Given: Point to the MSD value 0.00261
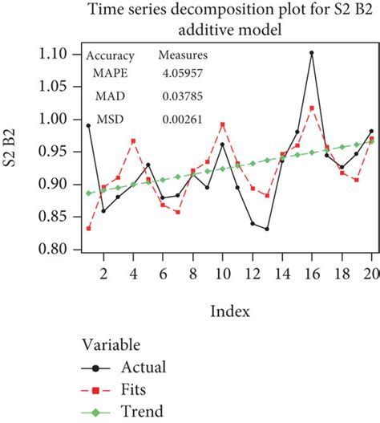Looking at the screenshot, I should pos(180,120).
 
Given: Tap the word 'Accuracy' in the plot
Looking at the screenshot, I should pos(110,56).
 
